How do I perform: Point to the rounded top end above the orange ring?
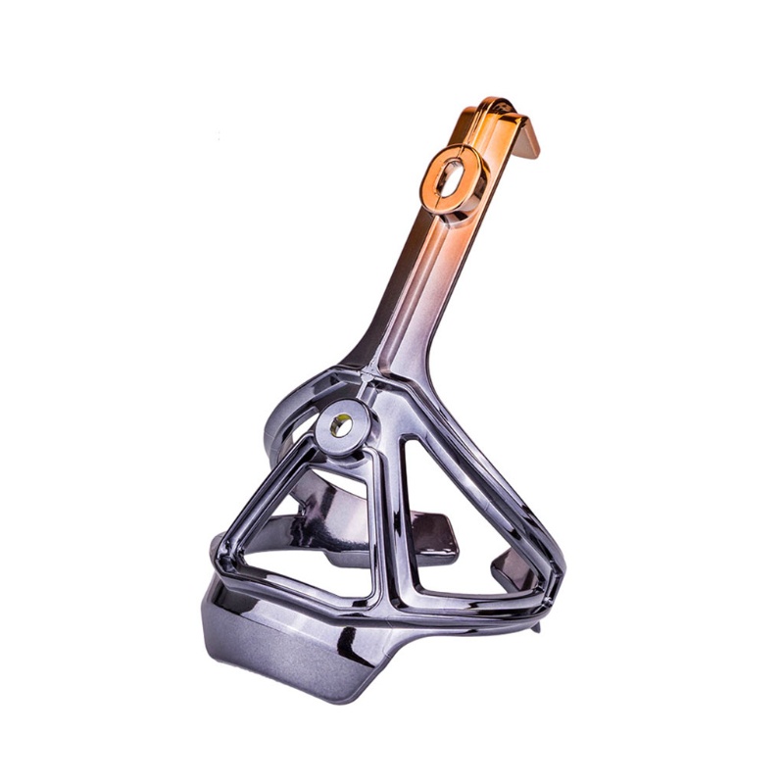coord(495,106)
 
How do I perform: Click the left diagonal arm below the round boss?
coord(274,490)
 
